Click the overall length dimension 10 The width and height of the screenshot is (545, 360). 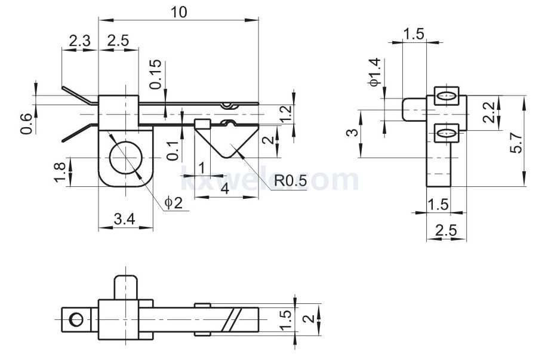[x=178, y=13]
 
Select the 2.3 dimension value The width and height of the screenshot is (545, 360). [x=79, y=41]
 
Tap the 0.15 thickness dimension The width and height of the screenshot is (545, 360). [x=156, y=74]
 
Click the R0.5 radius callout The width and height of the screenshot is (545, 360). [x=290, y=180]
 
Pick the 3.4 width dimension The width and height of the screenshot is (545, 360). [x=125, y=219]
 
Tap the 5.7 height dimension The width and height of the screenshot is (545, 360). [x=517, y=143]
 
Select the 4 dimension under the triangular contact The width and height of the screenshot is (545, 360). [x=226, y=189]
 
